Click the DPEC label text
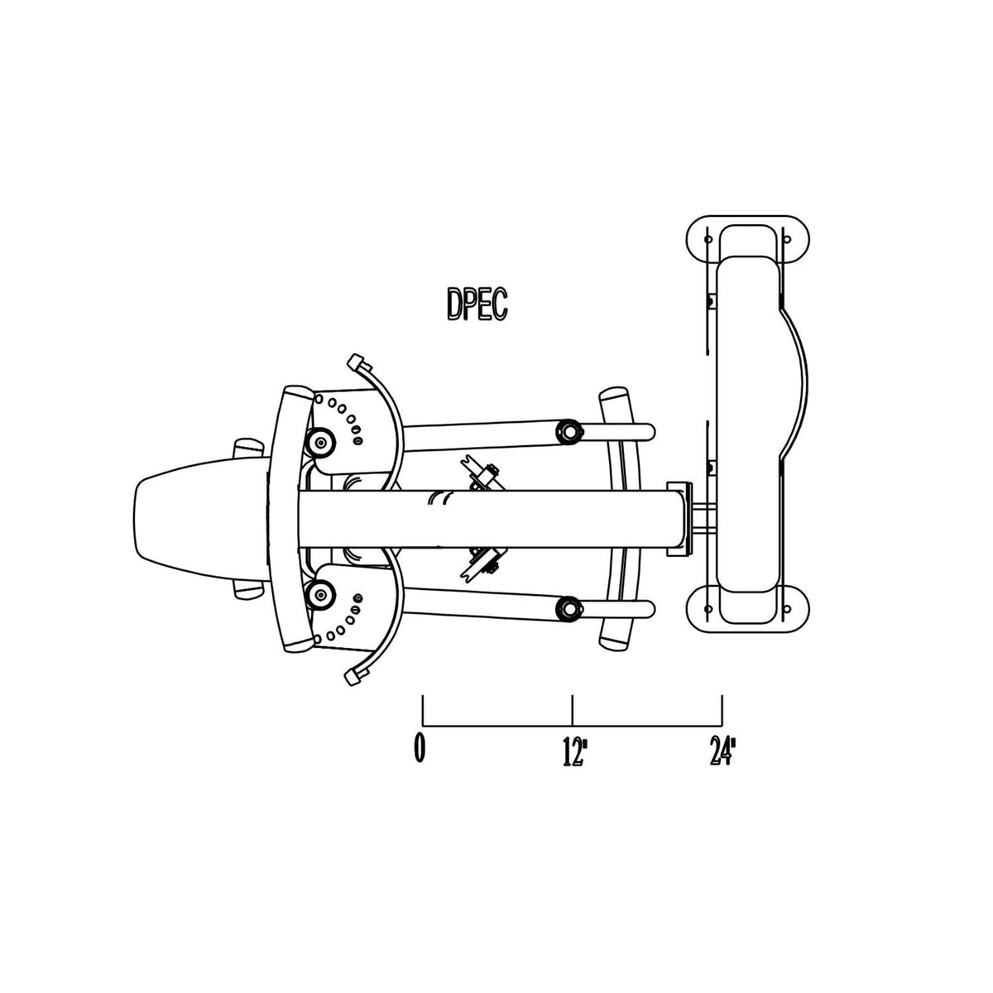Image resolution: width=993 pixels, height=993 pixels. (477, 305)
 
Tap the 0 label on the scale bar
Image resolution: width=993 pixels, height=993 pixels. (420, 749)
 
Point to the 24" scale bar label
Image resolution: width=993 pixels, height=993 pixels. (722, 751)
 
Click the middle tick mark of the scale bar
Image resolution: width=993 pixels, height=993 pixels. (573, 710)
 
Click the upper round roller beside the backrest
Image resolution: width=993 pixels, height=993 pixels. (320, 442)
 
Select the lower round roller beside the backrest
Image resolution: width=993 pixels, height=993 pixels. (320, 595)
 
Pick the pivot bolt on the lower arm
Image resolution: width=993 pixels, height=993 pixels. (568, 608)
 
